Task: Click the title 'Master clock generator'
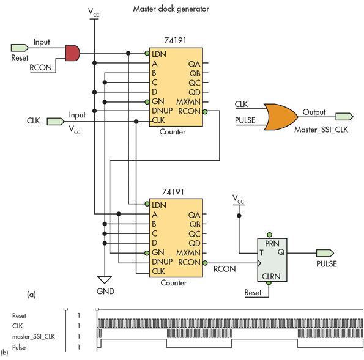[x=172, y=9]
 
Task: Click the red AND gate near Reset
[x=72, y=53]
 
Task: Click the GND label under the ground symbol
[x=105, y=292]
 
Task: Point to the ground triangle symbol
[x=105, y=279]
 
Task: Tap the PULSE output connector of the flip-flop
[x=325, y=252]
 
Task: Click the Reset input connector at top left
[x=20, y=47]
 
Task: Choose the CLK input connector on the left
[x=57, y=120]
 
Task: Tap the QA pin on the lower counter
[x=195, y=215]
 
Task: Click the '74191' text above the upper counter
[x=177, y=40]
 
